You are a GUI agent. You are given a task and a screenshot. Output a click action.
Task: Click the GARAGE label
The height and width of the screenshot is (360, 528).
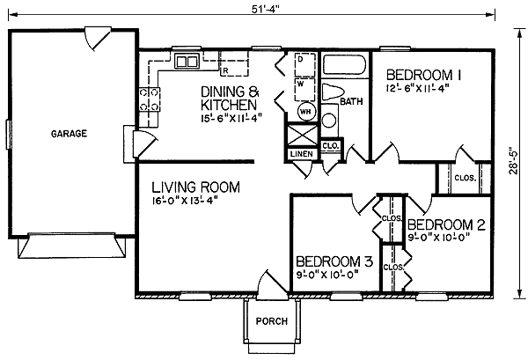coord(69,134)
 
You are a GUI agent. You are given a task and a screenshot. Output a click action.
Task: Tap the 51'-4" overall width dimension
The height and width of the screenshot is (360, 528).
coord(266,9)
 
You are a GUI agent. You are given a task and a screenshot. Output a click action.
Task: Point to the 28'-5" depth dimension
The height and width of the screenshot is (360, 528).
coord(513,161)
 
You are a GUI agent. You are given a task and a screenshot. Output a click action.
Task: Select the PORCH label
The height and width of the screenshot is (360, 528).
coord(272,321)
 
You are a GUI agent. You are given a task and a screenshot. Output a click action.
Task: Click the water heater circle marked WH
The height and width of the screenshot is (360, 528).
coord(306,112)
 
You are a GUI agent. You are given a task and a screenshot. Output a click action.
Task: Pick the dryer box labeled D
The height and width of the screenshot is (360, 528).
coord(305,64)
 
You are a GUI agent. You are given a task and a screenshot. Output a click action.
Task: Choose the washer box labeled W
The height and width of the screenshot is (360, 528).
coord(305,90)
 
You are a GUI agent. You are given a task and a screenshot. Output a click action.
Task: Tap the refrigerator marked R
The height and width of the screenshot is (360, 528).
coord(234,63)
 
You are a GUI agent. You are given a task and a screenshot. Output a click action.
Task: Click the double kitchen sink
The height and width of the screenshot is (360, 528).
coord(187,62)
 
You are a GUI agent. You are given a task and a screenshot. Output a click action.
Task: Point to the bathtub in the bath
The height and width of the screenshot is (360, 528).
coord(344,64)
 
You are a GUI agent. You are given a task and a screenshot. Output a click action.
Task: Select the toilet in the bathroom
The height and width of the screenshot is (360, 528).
coord(333,92)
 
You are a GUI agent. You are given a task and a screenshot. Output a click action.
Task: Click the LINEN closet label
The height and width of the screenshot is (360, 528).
coord(302,154)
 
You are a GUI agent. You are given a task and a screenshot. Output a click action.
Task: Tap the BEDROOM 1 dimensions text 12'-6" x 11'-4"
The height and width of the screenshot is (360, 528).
coord(418,89)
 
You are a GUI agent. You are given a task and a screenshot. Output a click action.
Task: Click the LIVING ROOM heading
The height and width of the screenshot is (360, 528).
coord(195,187)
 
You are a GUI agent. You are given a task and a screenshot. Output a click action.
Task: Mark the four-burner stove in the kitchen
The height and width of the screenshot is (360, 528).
coord(150,99)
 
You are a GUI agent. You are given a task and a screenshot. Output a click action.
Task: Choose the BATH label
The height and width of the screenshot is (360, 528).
coord(351,101)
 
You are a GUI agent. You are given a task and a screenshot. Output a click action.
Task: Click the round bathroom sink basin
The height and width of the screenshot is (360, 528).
coord(329,121)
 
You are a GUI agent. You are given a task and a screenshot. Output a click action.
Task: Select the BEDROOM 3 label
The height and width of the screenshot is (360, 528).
coord(334,261)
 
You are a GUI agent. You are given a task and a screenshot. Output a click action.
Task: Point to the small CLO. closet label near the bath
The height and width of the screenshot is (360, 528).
coord(331,146)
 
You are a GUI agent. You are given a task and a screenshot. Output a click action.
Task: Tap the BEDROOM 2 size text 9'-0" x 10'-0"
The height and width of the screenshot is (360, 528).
coord(439,238)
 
